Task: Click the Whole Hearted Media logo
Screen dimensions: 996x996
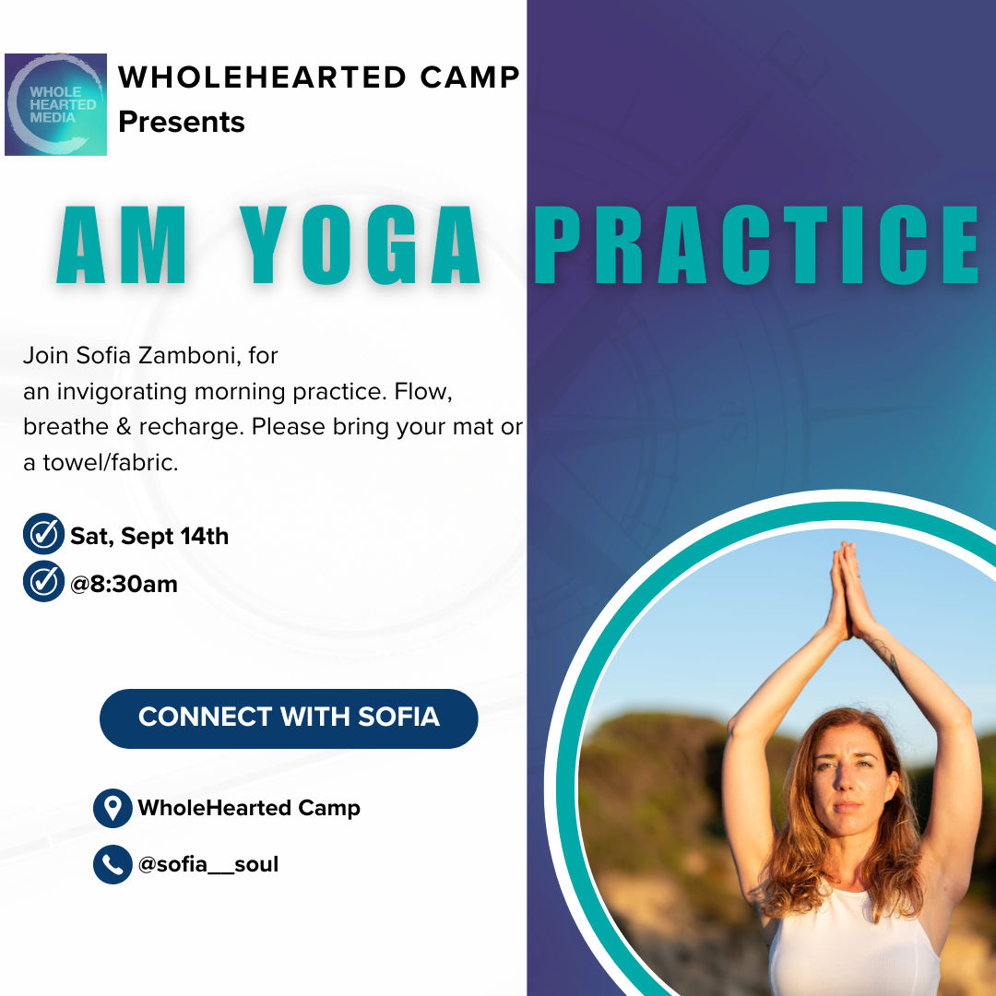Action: click(x=55, y=104)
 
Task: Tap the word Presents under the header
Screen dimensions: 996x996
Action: click(x=181, y=122)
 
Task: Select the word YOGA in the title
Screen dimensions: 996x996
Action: click(x=360, y=244)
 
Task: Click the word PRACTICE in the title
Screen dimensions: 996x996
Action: click(x=756, y=244)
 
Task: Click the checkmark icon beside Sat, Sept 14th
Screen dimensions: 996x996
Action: click(x=44, y=534)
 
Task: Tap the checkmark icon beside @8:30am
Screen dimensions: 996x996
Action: click(x=44, y=581)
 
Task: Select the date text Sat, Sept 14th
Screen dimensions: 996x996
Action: click(x=149, y=536)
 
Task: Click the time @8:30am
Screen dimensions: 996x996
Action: click(x=124, y=585)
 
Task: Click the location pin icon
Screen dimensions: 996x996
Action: click(x=113, y=808)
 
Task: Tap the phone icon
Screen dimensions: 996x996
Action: click(x=113, y=864)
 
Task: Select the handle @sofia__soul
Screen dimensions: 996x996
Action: click(x=208, y=864)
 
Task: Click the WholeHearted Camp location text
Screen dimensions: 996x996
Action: click(x=249, y=808)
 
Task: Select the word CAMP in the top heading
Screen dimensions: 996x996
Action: click(x=470, y=77)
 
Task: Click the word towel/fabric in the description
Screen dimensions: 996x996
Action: click(x=111, y=463)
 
